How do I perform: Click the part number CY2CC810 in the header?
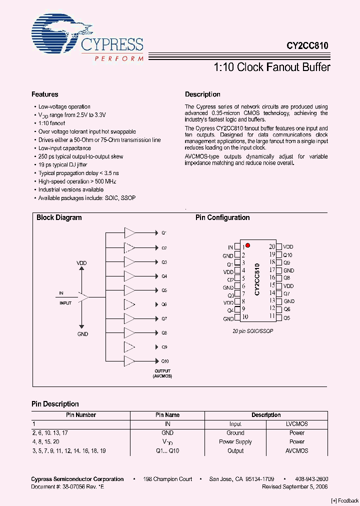pos(307,45)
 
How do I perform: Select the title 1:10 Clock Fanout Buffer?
pos(272,67)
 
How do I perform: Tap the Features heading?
pos(45,94)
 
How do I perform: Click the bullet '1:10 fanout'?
pos(52,123)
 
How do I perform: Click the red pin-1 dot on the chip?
pos(247,245)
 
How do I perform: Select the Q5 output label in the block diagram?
pos(164,290)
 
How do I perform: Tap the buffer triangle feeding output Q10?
pos(129,360)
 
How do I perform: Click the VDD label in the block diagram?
pos(81,262)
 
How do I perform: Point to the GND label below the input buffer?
pos(82,334)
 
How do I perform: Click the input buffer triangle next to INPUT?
pos(83,297)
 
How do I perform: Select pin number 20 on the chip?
pos(272,246)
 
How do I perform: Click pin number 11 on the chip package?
pos(272,316)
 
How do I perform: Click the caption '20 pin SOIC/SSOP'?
pos(253,331)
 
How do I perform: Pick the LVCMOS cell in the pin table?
pos(296,424)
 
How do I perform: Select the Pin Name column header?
pos(167,415)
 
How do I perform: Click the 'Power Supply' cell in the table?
pos(235,442)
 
